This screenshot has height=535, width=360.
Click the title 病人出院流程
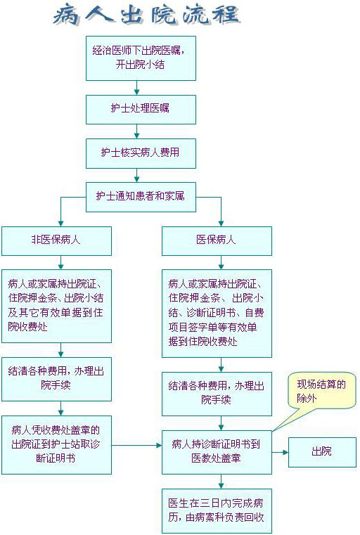pyautogui.click(x=147, y=15)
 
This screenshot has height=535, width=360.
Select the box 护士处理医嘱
pyautogui.click(x=141, y=109)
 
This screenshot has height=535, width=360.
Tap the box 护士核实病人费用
pyautogui.click(x=141, y=153)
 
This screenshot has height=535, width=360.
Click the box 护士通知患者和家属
pyautogui.click(x=141, y=197)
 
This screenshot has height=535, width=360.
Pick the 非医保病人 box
pyautogui.click(x=56, y=241)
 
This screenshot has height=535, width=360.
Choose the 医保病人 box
pyautogui.click(x=217, y=241)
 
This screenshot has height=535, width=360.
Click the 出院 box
pyautogui.click(x=322, y=452)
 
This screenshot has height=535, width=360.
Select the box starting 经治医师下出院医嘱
pyautogui.click(x=141, y=58)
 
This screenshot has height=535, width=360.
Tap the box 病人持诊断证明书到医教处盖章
pyautogui.click(x=217, y=452)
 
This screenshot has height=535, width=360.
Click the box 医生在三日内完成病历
pyautogui.click(x=217, y=511)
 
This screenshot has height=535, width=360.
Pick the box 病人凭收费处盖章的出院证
pyautogui.click(x=56, y=444)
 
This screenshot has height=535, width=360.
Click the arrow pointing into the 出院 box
pyautogui.click(x=280, y=453)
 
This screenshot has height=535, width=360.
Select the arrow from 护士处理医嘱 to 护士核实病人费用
pyautogui.click(x=137, y=131)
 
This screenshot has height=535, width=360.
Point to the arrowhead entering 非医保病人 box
pyautogui.click(x=60, y=224)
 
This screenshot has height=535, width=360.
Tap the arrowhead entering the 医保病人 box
pyautogui.click(x=221, y=224)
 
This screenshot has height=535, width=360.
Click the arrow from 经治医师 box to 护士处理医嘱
pyautogui.click(x=137, y=88)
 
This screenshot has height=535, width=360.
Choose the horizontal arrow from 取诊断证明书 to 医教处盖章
pyautogui.click(x=136, y=445)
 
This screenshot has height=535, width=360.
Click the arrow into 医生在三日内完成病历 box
pyautogui.click(x=221, y=482)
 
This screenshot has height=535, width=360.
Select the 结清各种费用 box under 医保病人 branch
pyautogui.click(x=217, y=394)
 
